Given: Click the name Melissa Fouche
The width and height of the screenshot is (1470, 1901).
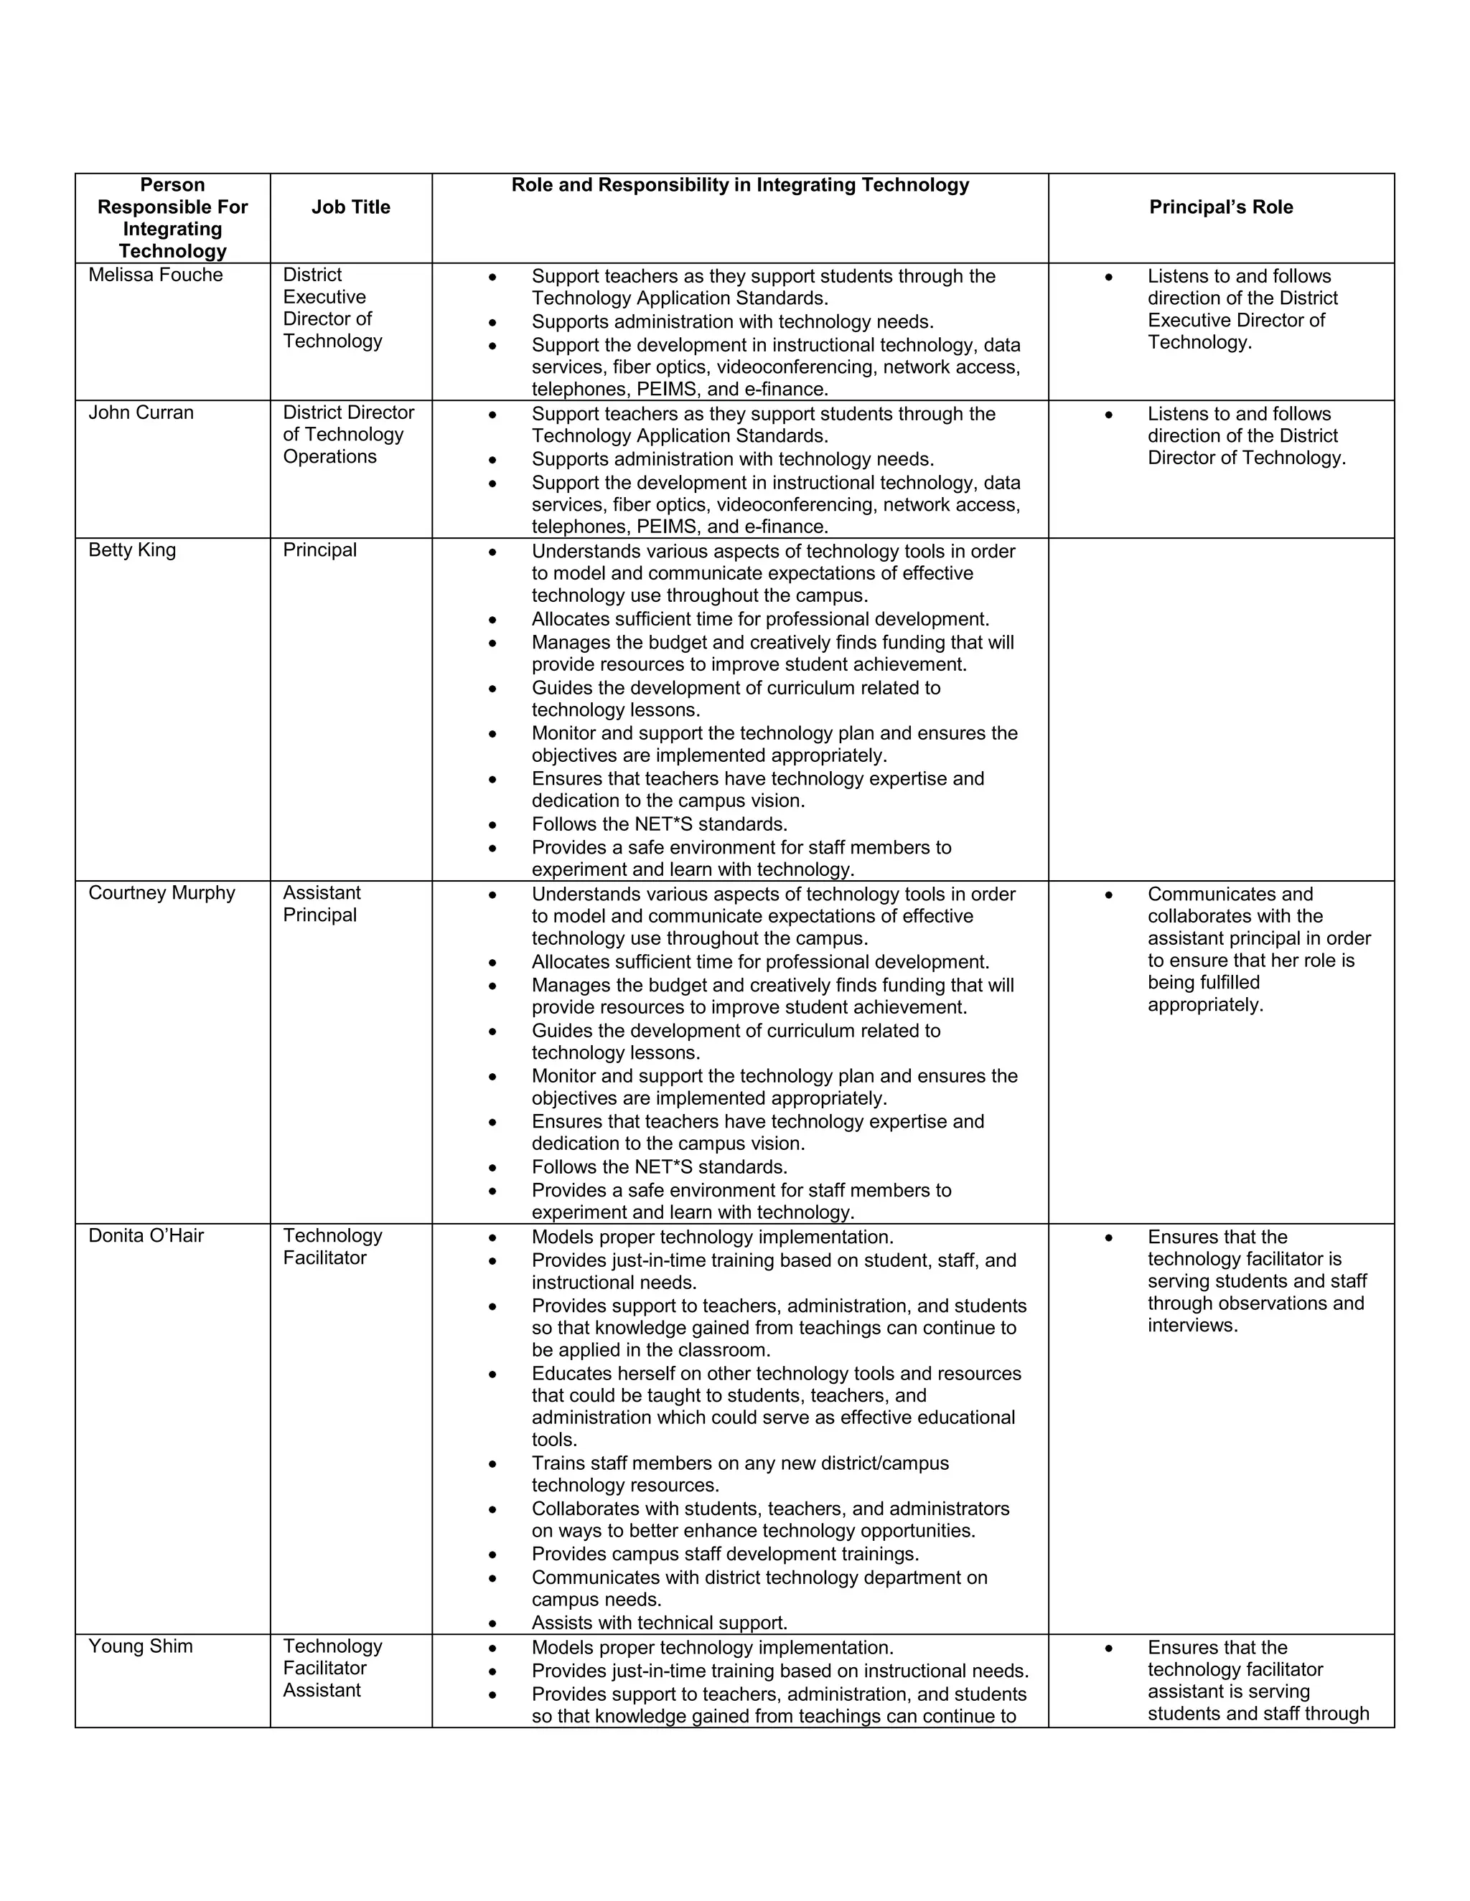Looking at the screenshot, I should click(x=155, y=275).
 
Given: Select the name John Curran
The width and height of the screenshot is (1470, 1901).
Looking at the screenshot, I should click(x=141, y=412).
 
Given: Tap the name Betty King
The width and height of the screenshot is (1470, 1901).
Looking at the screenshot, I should click(x=131, y=550).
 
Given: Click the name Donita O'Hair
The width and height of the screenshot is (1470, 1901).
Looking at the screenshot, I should click(x=146, y=1236).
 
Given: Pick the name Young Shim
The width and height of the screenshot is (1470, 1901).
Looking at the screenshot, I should click(x=140, y=1646).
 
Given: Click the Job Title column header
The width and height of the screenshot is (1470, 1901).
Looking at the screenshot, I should click(x=351, y=207).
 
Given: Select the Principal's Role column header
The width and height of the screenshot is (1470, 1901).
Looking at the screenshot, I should click(x=1221, y=207).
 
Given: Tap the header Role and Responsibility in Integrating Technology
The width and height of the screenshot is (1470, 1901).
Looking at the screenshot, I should click(x=739, y=185).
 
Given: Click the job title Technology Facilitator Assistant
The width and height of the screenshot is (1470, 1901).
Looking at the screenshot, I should click(x=332, y=1668).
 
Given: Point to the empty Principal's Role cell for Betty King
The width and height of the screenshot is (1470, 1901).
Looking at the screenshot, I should click(x=1221, y=709).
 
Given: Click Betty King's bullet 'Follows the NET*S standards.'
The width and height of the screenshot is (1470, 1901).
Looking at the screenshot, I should click(x=659, y=824).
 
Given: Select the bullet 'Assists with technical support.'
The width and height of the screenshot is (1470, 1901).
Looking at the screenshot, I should click(x=659, y=1623).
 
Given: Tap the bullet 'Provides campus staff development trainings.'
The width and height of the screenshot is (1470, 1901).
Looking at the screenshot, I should click(x=724, y=1554).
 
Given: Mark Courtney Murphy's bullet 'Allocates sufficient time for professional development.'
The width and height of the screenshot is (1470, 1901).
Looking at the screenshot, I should click(x=760, y=962).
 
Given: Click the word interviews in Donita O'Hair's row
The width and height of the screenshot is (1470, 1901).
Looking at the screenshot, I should click(x=1192, y=1326).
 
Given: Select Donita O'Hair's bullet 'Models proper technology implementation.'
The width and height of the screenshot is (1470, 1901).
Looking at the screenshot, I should click(x=712, y=1237).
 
